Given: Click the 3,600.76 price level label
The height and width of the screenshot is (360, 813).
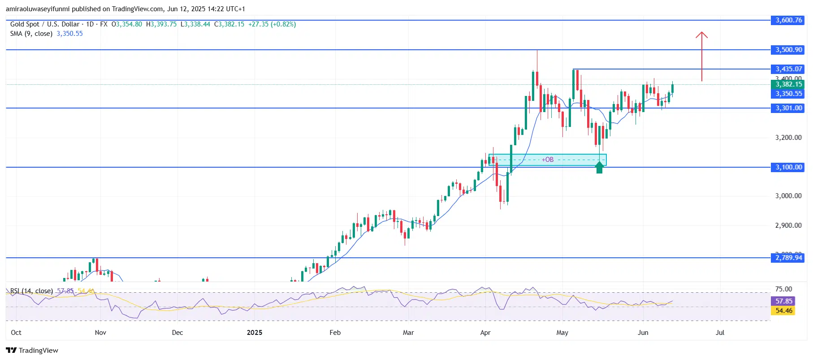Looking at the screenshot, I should click(788, 20).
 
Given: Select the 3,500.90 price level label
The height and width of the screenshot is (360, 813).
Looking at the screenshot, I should click(788, 50).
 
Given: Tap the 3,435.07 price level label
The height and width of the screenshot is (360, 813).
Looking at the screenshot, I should click(788, 69).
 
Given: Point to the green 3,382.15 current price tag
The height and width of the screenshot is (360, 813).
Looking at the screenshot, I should click(788, 84).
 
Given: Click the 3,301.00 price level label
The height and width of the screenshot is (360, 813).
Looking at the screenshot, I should click(788, 108).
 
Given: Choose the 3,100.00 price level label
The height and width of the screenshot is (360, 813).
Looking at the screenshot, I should click(788, 167).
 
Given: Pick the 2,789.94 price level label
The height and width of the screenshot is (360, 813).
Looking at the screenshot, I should click(788, 258).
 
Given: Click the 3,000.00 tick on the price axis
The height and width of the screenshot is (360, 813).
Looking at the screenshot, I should click(788, 196).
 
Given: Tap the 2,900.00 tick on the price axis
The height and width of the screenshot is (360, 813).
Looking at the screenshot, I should click(788, 226).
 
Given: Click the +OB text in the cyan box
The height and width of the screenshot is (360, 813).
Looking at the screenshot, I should click(547, 160).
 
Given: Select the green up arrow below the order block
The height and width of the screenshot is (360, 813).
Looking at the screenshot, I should click(599, 167).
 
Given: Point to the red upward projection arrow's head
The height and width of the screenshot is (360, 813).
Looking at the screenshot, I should click(701, 35).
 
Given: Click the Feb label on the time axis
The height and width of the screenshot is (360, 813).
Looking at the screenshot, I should click(335, 333).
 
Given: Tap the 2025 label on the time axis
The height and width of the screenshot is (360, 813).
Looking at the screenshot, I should click(255, 333).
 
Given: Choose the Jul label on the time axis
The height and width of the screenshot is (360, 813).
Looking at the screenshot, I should click(720, 333).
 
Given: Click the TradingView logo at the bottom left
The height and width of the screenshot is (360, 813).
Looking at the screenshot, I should click(32, 351).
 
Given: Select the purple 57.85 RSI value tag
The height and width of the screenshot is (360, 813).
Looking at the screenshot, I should click(784, 301).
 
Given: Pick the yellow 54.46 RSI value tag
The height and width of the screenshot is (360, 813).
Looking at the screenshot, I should click(784, 311).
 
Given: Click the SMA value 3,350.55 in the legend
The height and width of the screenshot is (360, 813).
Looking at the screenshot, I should click(69, 34).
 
